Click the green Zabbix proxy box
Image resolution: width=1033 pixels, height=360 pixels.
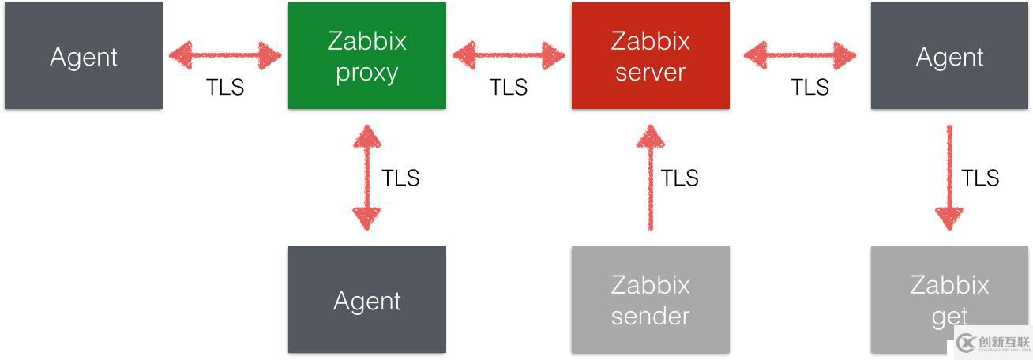click(366, 55)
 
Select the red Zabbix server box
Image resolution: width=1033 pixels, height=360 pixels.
click(650, 55)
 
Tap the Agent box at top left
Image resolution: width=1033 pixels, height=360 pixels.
click(84, 55)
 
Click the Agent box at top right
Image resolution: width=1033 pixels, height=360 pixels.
click(949, 55)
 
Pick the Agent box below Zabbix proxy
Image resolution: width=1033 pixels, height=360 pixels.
click(366, 300)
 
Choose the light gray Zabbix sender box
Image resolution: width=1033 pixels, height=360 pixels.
click(650, 300)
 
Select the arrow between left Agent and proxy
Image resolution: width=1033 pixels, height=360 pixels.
click(225, 55)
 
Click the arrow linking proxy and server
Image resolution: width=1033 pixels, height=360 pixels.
click(509, 55)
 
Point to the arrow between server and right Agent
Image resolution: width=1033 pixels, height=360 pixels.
click(800, 55)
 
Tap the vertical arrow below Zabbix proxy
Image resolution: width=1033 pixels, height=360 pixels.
click(366, 178)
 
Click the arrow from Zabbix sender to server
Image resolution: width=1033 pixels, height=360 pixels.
click(650, 178)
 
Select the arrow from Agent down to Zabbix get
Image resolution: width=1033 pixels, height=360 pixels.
click(948, 178)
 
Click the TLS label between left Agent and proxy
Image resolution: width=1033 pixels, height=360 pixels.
click(225, 87)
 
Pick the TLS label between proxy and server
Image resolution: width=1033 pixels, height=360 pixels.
click(509, 87)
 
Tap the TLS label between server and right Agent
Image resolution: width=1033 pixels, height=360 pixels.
click(810, 87)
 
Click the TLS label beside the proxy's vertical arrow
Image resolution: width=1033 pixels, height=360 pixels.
click(400, 178)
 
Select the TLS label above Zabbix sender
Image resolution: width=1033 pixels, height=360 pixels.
click(679, 178)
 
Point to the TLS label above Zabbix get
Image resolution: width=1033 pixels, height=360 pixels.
click(980, 178)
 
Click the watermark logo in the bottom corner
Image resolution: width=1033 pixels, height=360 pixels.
click(993, 343)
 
